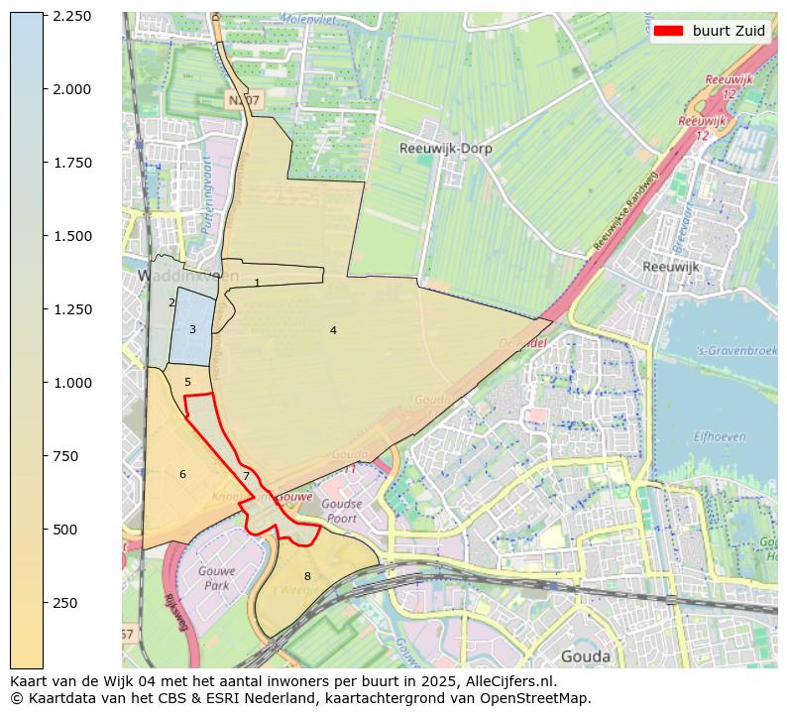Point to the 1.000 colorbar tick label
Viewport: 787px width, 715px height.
[72, 383]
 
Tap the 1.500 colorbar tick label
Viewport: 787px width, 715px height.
[72, 236]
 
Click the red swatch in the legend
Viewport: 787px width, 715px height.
[668, 31]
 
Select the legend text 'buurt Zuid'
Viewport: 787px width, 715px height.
[729, 31]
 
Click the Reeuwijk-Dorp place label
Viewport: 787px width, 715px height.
[445, 149]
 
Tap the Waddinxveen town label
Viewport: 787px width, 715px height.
[174, 276]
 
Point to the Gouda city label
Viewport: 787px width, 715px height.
[586, 656]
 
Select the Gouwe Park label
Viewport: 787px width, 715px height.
[214, 579]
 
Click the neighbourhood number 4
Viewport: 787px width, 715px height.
[333, 330]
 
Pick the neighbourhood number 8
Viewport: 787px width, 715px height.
[307, 576]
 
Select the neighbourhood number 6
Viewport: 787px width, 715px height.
[182, 474]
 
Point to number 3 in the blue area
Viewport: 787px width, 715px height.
[192, 329]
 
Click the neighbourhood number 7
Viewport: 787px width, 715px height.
[246, 477]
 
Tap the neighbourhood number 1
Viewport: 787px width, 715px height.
[257, 283]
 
